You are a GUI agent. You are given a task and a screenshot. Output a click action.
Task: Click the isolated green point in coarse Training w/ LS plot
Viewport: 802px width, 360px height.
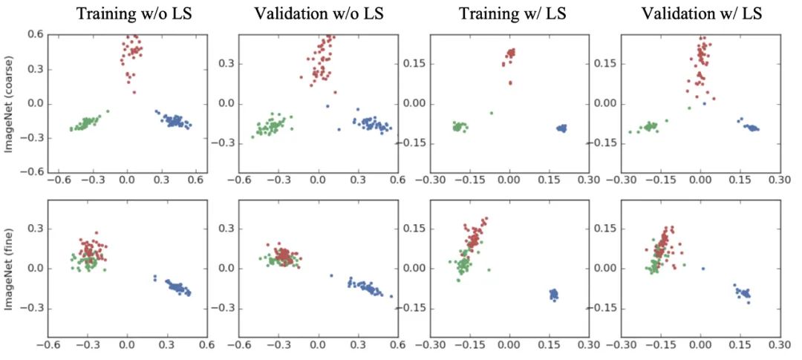(x=491, y=113)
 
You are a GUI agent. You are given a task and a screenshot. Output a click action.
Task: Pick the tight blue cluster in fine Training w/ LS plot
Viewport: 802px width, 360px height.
(x=553, y=295)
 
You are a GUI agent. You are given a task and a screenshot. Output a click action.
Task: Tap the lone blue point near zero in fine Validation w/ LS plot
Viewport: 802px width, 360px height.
(x=702, y=268)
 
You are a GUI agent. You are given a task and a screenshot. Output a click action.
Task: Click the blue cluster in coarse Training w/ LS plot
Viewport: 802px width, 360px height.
(x=561, y=128)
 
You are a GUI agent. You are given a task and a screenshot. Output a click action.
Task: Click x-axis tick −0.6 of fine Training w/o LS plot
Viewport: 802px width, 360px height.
(x=48, y=346)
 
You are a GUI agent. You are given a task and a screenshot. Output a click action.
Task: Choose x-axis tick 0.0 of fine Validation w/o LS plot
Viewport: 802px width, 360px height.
(x=318, y=346)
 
